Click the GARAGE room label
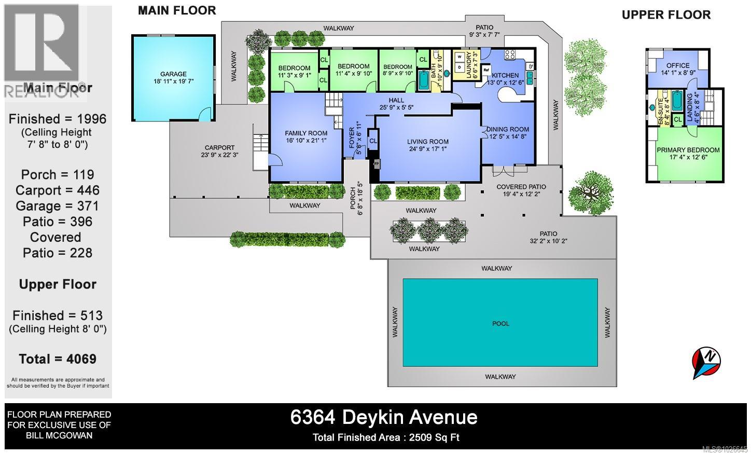click(173, 74)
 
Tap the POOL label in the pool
click(500, 323)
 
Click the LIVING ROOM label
click(428, 142)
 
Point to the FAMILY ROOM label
click(306, 133)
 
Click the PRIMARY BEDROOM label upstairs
click(688, 150)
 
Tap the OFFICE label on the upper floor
click(678, 65)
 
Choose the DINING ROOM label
click(509, 129)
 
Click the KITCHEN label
click(505, 75)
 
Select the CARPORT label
click(219, 148)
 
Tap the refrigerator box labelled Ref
click(486, 69)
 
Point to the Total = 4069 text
click(58, 359)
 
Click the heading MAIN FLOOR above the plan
click(177, 10)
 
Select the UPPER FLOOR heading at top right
click(666, 15)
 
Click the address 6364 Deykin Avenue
click(384, 417)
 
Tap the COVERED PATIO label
click(521, 187)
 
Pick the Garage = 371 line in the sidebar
click(58, 206)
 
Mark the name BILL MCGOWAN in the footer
click(59, 435)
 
